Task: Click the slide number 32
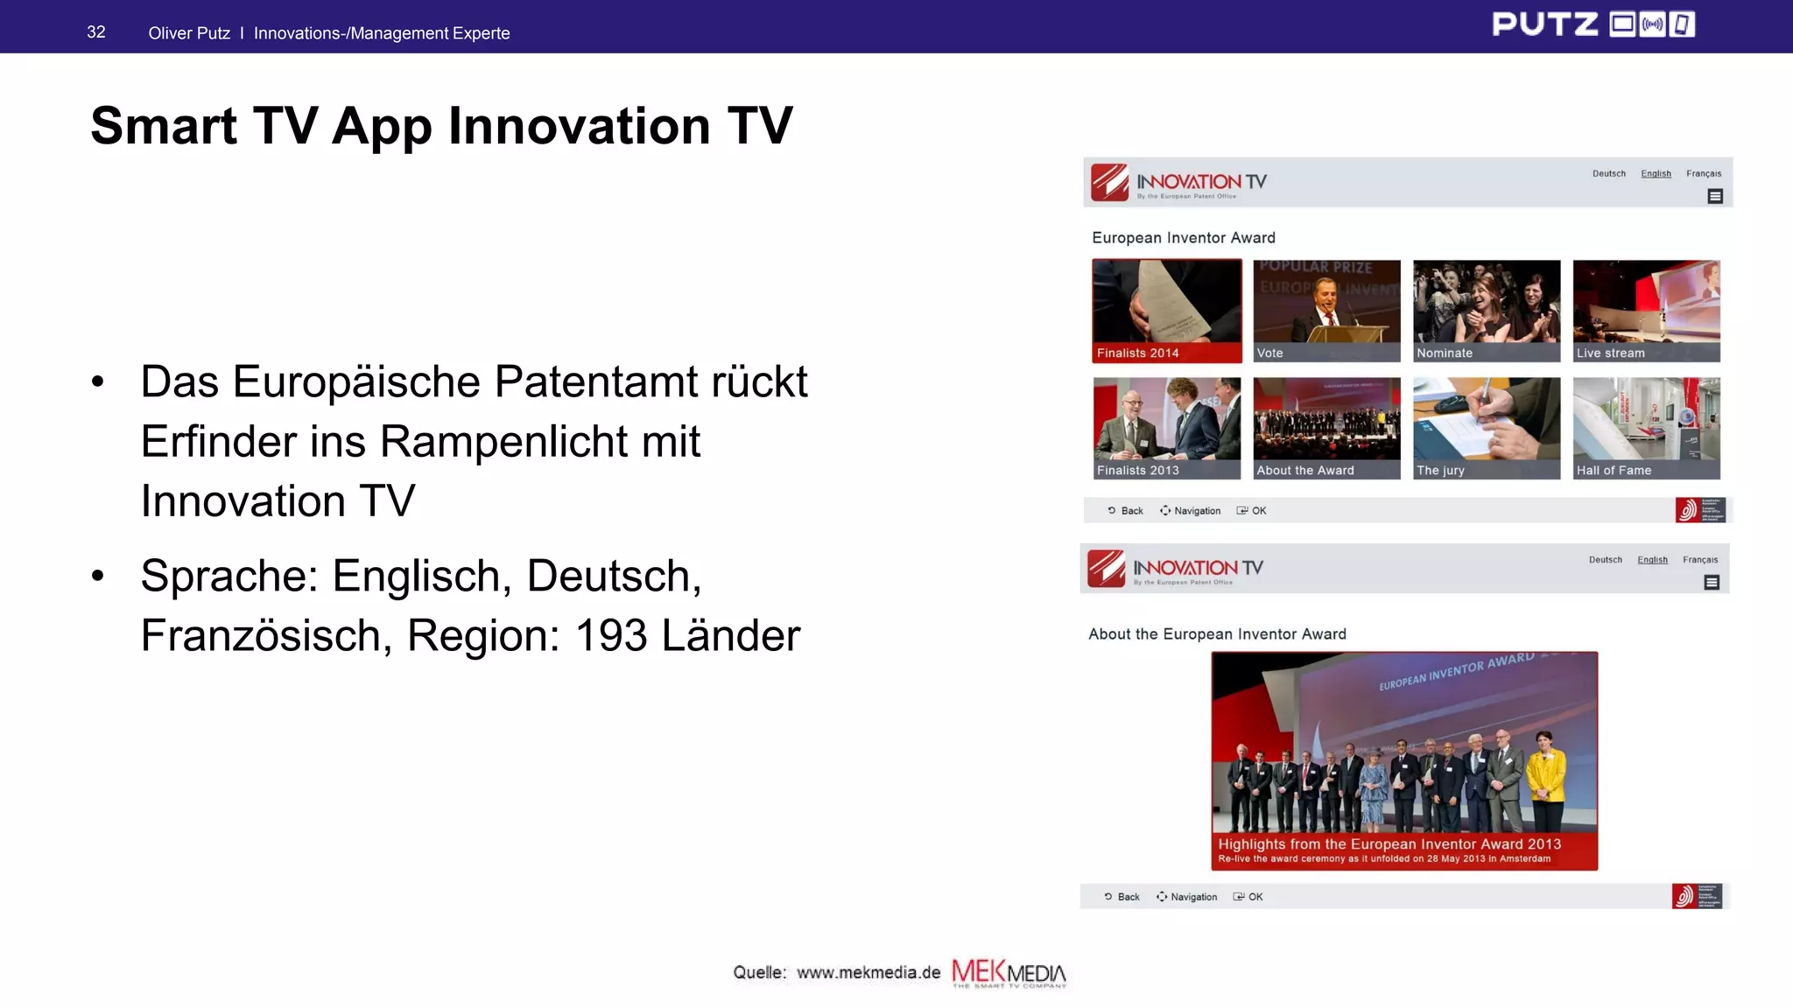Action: [96, 32]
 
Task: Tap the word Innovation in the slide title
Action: [578, 126]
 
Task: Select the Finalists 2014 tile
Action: [1166, 311]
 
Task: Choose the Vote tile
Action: [1326, 311]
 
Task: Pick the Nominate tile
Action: [1487, 311]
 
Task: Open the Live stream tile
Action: [1646, 311]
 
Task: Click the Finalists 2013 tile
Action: [1166, 428]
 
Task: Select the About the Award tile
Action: [1326, 428]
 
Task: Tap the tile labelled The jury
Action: [1487, 428]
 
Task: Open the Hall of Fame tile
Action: [1646, 428]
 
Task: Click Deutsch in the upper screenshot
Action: [1608, 174]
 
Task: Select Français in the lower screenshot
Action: [1699, 560]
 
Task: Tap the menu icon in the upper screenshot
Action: [1715, 197]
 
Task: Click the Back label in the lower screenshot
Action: [1128, 897]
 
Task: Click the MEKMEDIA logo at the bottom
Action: [1009, 973]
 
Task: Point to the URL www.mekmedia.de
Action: [868, 973]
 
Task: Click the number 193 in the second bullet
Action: [611, 635]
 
